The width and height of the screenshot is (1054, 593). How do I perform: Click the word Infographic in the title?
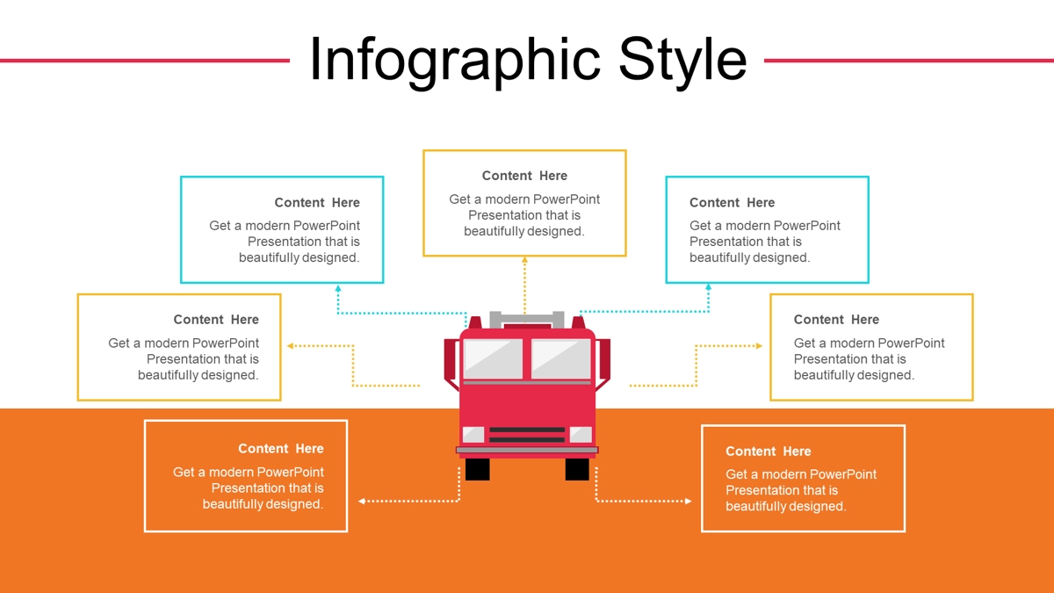(455, 61)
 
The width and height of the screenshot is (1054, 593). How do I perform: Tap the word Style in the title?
(682, 61)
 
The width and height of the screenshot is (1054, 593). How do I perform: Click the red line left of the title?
(144, 61)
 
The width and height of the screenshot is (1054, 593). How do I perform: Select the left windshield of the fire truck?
(493, 358)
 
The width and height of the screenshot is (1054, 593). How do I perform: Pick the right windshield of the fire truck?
(561, 358)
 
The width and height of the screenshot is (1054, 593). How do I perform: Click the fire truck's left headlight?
(473, 434)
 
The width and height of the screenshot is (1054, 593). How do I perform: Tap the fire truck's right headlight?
(581, 434)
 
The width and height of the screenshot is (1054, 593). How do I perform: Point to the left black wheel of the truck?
(477, 469)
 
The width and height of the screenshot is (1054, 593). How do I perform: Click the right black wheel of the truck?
(577, 469)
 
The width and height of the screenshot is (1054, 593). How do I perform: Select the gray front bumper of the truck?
(527, 451)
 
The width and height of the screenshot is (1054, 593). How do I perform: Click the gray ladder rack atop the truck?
(527, 319)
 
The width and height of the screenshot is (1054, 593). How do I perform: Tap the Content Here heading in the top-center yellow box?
(524, 176)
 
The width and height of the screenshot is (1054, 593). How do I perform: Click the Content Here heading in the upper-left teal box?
(317, 202)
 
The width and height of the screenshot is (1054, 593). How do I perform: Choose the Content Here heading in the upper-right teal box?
(733, 202)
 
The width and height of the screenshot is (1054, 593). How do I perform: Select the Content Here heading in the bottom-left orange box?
(281, 449)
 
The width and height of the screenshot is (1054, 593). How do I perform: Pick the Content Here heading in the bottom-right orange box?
(769, 452)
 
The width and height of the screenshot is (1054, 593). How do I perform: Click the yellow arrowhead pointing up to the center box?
(524, 259)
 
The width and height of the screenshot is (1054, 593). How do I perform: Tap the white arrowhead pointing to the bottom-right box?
(689, 502)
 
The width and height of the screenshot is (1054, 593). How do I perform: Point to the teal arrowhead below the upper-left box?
(338, 288)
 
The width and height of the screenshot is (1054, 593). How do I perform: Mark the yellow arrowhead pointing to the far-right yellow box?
(759, 346)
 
